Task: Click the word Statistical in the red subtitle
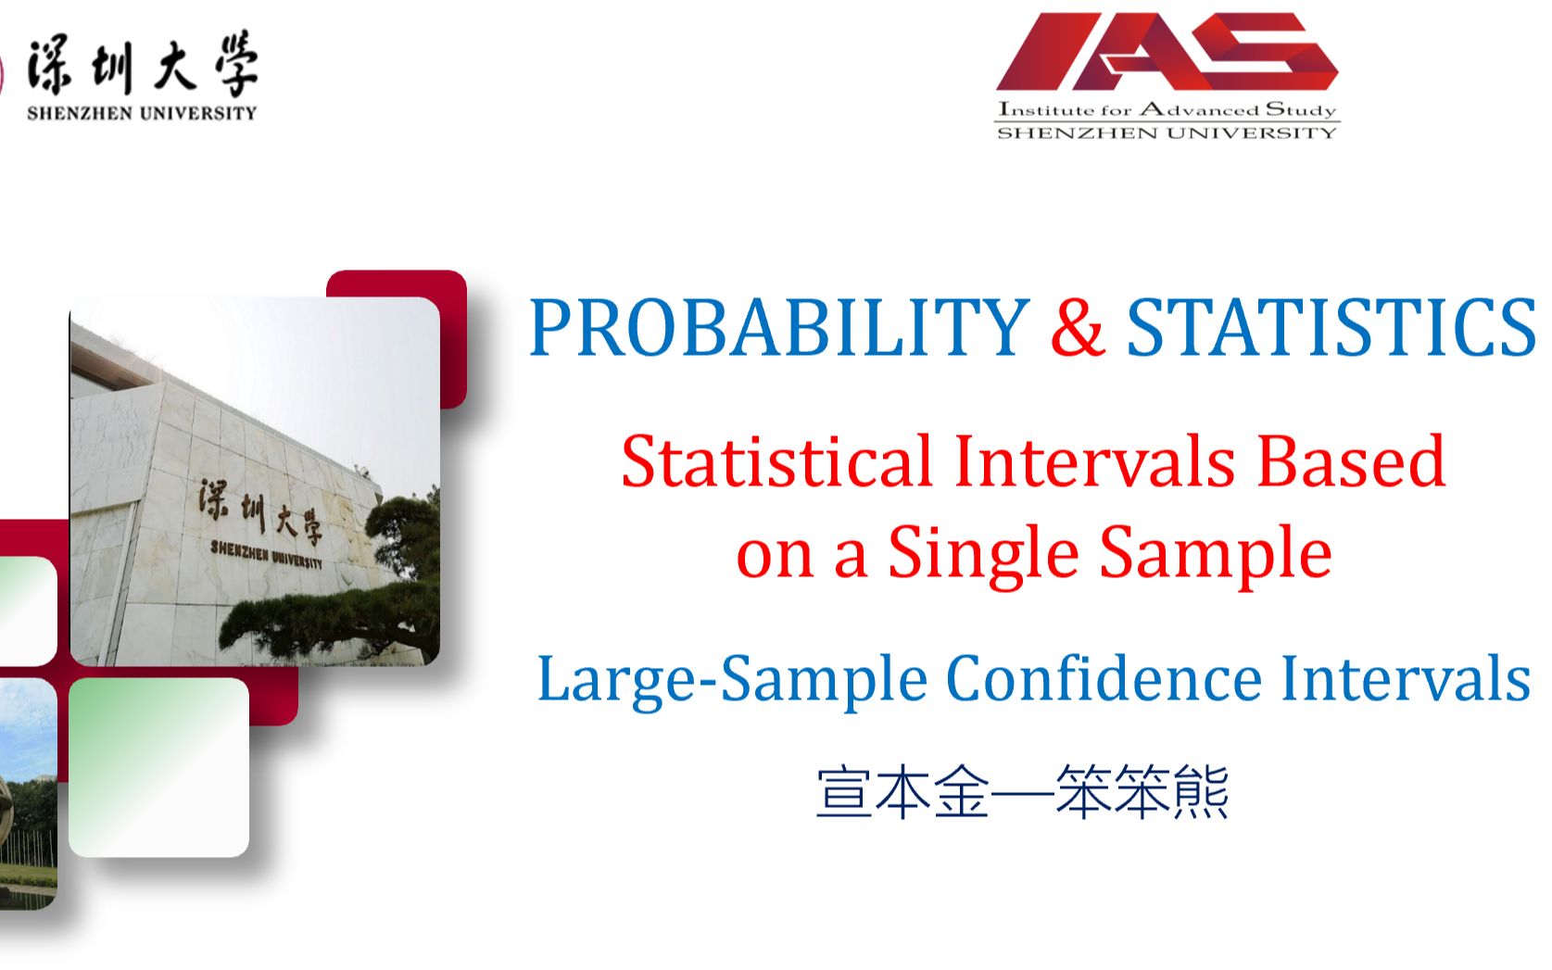pos(776,460)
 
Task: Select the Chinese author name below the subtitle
pos(1023,792)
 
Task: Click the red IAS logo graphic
pos(1167,52)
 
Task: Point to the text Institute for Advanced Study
pos(1167,109)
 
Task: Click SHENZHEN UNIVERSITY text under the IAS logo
pos(1167,133)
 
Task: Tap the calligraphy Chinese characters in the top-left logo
pos(143,64)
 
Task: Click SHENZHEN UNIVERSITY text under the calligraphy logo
pos(142,113)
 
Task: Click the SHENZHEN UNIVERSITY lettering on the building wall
pos(267,555)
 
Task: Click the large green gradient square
pos(158,768)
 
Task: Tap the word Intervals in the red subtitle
pos(1094,460)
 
